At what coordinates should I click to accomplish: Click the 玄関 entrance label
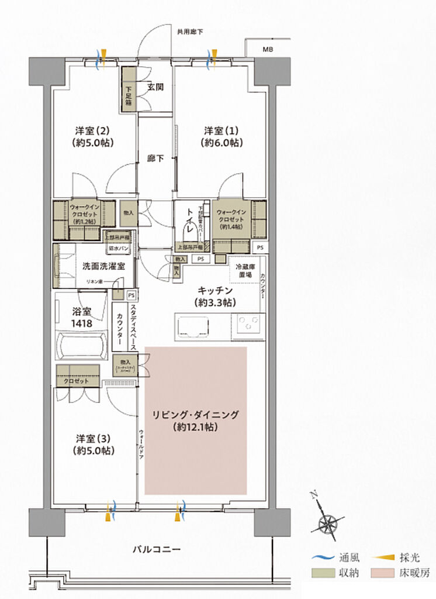[155, 87]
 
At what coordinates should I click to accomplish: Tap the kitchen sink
[193, 325]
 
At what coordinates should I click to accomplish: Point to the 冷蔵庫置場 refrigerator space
[244, 270]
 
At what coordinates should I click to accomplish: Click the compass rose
[328, 521]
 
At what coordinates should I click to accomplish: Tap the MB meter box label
[268, 50]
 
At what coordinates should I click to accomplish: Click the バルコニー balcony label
[156, 549]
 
